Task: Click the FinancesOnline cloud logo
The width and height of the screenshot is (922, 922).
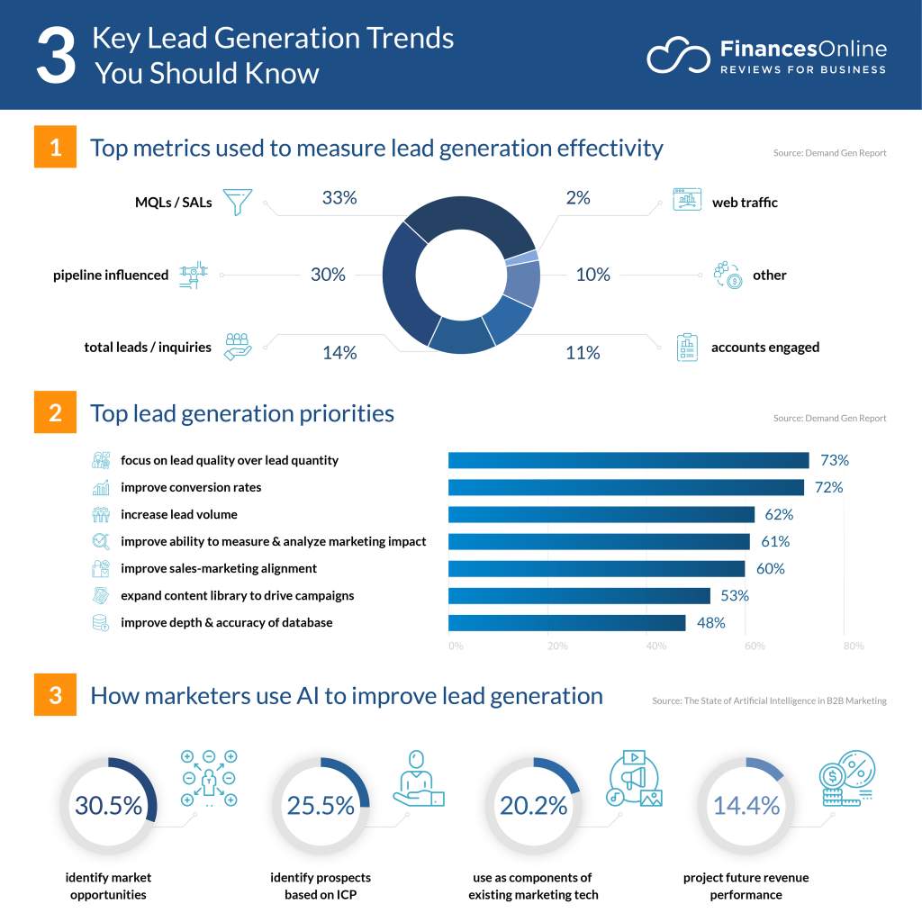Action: (678, 56)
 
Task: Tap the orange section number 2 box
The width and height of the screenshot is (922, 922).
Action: (56, 413)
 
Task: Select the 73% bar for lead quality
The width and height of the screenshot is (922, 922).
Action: (628, 460)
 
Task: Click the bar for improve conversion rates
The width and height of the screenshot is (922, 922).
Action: (626, 487)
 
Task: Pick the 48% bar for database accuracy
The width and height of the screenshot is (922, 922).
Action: (567, 623)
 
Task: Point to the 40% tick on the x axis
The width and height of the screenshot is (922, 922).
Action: (656, 646)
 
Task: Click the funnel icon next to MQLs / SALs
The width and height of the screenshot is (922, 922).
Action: (237, 203)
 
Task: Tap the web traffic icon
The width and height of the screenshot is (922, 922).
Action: (686, 200)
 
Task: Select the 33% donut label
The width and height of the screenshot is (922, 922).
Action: (339, 198)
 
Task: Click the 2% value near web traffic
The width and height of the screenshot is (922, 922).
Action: (578, 198)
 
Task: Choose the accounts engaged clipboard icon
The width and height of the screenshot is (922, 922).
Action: (687, 348)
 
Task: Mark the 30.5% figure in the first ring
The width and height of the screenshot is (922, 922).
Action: (108, 806)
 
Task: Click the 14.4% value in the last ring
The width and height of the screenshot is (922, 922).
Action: (746, 806)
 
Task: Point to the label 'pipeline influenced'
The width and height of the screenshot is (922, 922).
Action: (111, 275)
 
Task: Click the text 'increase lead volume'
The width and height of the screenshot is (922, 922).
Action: (179, 514)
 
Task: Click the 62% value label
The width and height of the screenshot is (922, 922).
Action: (779, 515)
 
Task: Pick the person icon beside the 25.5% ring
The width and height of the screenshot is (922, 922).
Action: (418, 777)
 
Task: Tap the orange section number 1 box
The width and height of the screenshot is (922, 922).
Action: (56, 148)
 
